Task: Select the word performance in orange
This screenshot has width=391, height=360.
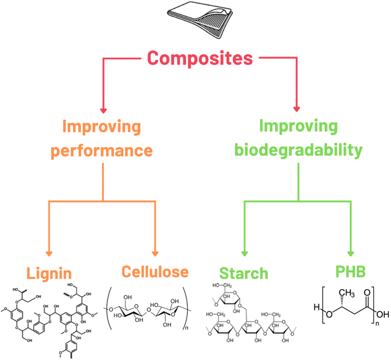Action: (x=103, y=151)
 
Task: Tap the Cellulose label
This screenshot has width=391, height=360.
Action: (x=154, y=272)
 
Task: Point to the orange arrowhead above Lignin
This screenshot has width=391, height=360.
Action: (x=49, y=253)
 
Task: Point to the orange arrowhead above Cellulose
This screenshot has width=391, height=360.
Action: (x=155, y=253)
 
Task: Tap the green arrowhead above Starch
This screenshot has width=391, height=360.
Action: (x=245, y=253)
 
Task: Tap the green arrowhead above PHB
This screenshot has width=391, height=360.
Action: (x=350, y=253)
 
